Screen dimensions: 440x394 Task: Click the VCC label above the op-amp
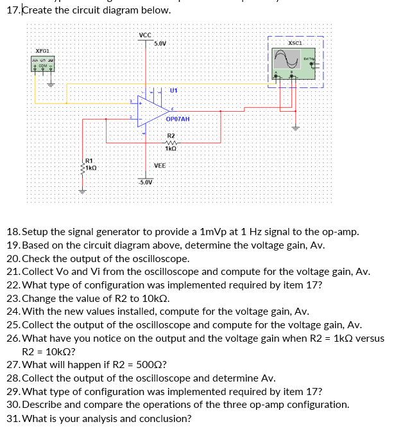(x=144, y=35)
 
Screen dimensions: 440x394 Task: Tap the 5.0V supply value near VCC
(x=160, y=43)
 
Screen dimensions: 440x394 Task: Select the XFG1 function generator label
(x=42, y=49)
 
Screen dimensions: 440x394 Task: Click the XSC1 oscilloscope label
(x=296, y=42)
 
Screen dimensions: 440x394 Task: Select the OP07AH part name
(x=177, y=119)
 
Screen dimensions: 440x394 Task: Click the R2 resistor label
(x=171, y=136)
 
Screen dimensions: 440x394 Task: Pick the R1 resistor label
(x=89, y=160)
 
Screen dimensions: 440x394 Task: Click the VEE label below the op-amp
(x=160, y=165)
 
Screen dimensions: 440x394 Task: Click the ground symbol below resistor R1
(x=81, y=190)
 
